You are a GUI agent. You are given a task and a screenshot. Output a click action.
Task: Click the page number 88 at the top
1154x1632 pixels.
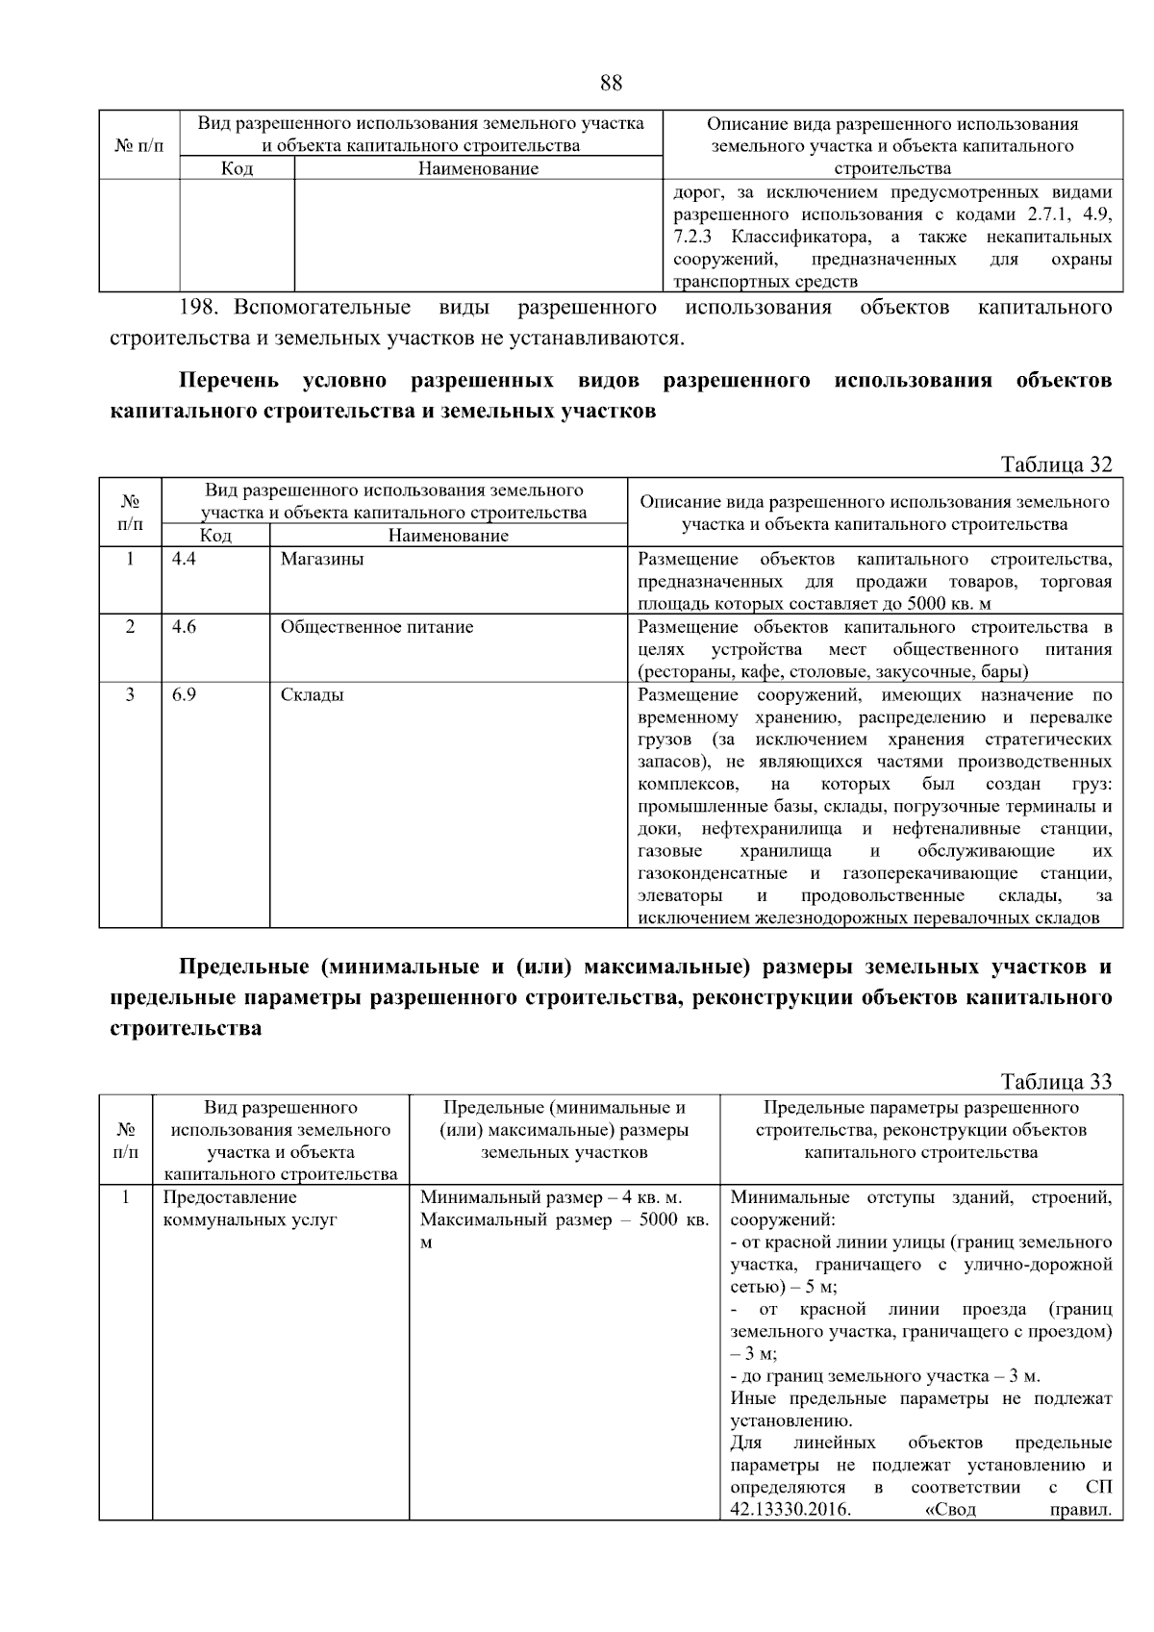click(611, 83)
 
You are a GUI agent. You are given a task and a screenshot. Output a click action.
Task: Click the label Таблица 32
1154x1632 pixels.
click(1056, 464)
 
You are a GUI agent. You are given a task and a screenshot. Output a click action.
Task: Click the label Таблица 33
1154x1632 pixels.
click(1056, 1082)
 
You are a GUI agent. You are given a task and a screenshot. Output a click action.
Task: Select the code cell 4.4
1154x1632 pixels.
click(184, 559)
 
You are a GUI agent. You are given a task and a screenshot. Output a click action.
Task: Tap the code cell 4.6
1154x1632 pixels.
click(184, 627)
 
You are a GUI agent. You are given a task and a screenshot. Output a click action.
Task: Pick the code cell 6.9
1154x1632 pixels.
click(184, 694)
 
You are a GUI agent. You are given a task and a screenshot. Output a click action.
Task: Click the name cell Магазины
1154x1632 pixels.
click(322, 559)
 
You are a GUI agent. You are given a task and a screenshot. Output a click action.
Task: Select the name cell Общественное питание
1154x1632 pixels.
click(377, 627)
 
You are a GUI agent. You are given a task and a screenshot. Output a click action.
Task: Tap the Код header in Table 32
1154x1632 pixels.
click(215, 536)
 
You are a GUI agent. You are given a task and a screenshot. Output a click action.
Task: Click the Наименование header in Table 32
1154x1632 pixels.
click(448, 536)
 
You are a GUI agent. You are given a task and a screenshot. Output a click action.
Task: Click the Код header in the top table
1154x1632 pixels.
click(237, 169)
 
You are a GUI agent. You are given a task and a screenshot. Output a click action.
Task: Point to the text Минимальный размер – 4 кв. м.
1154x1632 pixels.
click(551, 1197)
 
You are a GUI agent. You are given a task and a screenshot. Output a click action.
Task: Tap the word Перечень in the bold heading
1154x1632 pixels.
click(229, 381)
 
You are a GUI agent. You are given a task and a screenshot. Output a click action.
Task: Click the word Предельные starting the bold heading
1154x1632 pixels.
click(243, 967)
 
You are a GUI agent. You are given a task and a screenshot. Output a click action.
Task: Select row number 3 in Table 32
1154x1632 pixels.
click(130, 694)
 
